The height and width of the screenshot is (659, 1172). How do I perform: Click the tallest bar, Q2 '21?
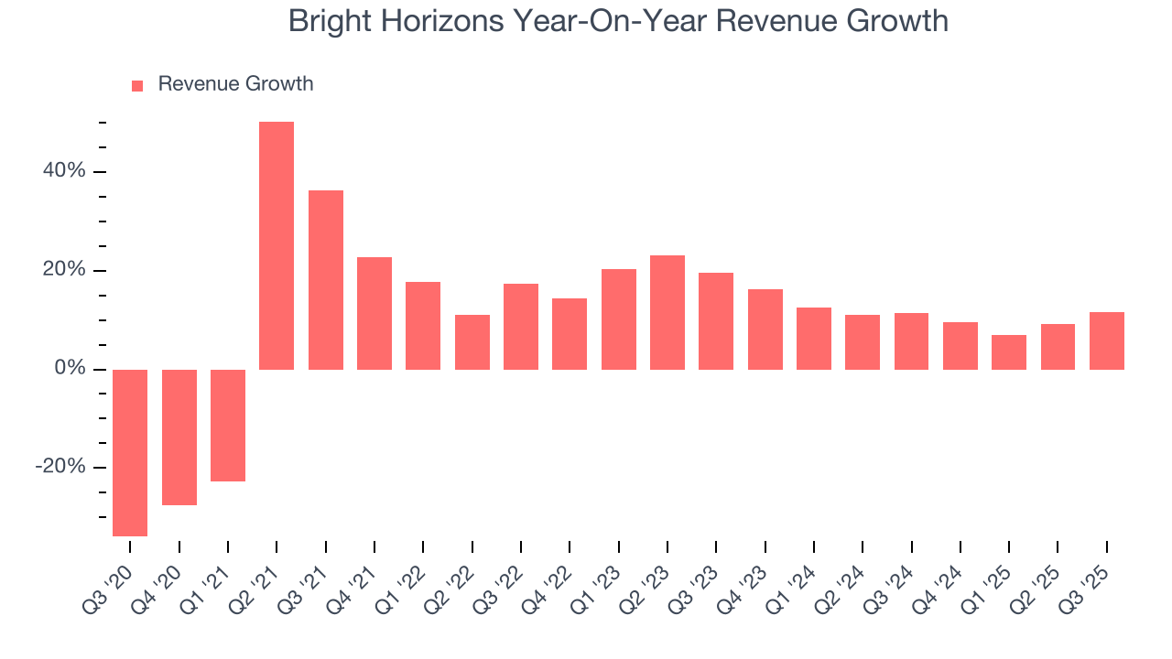click(x=277, y=245)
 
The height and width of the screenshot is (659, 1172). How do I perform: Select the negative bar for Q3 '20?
click(x=130, y=452)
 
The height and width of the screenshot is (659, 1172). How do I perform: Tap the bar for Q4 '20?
click(x=179, y=437)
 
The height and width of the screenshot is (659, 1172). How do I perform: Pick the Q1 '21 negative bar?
click(x=228, y=425)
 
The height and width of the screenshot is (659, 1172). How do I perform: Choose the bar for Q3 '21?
click(x=326, y=279)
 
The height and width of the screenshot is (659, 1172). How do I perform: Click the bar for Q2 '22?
click(x=472, y=341)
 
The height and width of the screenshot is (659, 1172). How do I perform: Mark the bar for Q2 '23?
click(x=667, y=312)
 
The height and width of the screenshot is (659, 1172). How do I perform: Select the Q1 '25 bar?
click(x=1009, y=351)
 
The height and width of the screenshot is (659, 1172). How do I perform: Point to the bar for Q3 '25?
click(x=1107, y=340)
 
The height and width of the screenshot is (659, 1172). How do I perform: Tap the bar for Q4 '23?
click(x=765, y=329)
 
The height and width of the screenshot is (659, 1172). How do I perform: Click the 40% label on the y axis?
click(x=63, y=171)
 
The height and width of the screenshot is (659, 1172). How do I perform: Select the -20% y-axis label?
click(x=60, y=467)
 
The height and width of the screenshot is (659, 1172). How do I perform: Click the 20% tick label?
click(x=63, y=270)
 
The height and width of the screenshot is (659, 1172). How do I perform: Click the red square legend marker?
click(x=137, y=85)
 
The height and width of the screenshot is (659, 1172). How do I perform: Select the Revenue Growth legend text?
click(x=235, y=84)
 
